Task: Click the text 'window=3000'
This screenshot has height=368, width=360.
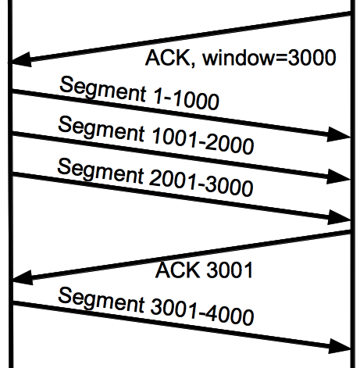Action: [269, 58]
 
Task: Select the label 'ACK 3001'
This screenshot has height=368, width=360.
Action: [204, 270]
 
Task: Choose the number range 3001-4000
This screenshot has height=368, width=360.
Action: [201, 312]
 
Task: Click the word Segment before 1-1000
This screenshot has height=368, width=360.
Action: [102, 88]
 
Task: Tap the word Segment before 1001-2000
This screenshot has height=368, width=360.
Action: [101, 129]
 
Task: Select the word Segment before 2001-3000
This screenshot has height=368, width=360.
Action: [100, 170]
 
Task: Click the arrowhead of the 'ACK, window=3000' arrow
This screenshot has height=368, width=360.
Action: [21, 60]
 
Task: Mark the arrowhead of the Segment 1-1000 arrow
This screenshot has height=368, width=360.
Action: [339, 134]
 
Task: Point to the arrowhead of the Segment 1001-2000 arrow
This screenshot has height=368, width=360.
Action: [339, 177]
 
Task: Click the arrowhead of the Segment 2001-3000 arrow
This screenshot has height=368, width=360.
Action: [339, 217]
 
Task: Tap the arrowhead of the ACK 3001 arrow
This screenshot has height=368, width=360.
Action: [22, 278]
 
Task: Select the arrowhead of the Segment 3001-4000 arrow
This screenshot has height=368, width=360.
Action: [339, 346]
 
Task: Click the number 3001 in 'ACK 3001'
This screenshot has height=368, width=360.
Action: [230, 270]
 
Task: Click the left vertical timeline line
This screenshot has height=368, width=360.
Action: [10, 184]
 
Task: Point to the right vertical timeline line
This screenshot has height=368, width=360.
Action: [353, 184]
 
